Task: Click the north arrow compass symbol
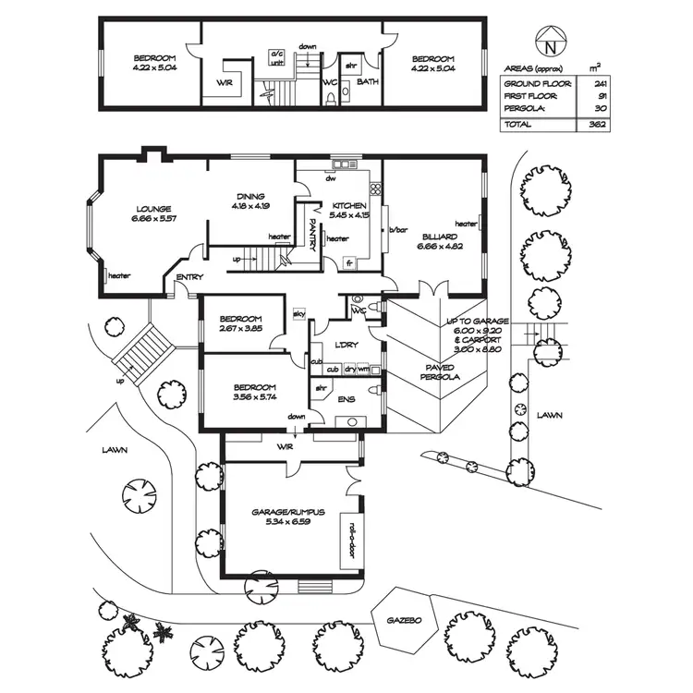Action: tap(550, 42)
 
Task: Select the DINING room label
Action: tap(250, 196)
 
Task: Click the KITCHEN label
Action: tap(350, 205)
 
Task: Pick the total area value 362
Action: tap(596, 124)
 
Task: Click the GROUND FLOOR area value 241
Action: tap(596, 83)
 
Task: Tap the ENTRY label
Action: tap(189, 276)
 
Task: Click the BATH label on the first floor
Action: tap(368, 82)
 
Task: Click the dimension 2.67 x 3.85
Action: tap(242, 327)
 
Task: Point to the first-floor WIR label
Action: tap(225, 82)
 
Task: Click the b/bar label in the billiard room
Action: tap(398, 229)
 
